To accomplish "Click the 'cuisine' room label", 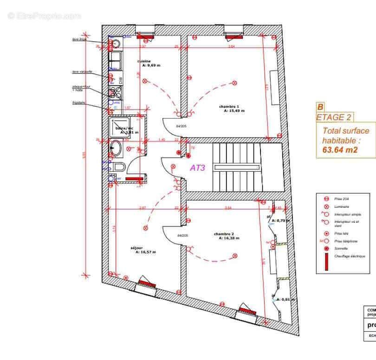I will [144, 61].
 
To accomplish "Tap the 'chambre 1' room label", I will [229, 106].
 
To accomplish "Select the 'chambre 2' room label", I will [224, 234].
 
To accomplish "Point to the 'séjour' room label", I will [137, 248].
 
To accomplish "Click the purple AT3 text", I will [198, 168].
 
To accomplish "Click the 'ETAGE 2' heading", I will [335, 117].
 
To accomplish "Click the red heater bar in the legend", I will [326, 263].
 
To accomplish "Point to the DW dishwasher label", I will [121, 80].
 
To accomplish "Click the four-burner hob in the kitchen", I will [115, 92].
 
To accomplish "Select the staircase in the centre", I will [236, 167].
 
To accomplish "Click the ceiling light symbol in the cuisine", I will [144, 81].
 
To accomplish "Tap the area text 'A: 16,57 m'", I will [146, 252].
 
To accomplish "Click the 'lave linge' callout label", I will [79, 40].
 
